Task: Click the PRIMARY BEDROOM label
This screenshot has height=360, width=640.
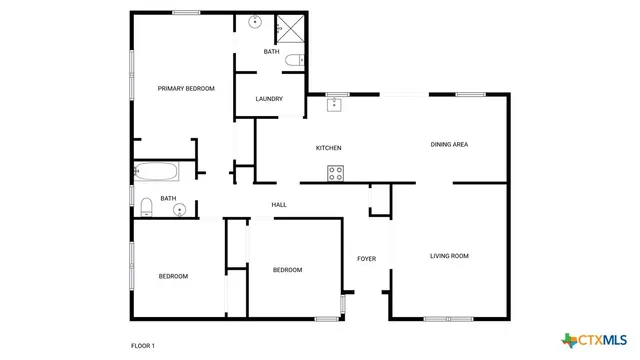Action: [186, 89]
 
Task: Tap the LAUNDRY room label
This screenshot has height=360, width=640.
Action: [269, 99]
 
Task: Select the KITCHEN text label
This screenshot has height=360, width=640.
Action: [329, 148]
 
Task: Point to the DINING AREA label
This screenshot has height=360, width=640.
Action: [449, 144]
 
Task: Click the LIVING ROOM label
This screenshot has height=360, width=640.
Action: [449, 256]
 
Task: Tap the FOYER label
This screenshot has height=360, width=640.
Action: [367, 259]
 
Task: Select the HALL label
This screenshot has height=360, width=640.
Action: [279, 205]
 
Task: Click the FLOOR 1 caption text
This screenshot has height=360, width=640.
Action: [143, 346]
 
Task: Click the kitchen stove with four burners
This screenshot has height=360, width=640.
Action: [336, 173]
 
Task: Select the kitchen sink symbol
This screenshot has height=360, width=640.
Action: [335, 102]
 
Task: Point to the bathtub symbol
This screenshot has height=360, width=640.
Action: [154, 171]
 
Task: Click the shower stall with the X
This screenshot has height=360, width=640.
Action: [290, 28]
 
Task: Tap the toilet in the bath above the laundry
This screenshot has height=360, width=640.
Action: [293, 61]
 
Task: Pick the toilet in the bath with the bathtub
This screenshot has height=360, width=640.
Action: [146, 205]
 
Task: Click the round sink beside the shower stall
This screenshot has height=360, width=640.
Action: [255, 21]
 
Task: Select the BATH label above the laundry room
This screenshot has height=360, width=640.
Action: [271, 51]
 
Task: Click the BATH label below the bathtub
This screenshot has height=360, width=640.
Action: [168, 198]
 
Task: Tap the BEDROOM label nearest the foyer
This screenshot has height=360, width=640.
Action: [288, 270]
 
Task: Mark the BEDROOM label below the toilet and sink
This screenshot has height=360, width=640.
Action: [173, 276]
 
